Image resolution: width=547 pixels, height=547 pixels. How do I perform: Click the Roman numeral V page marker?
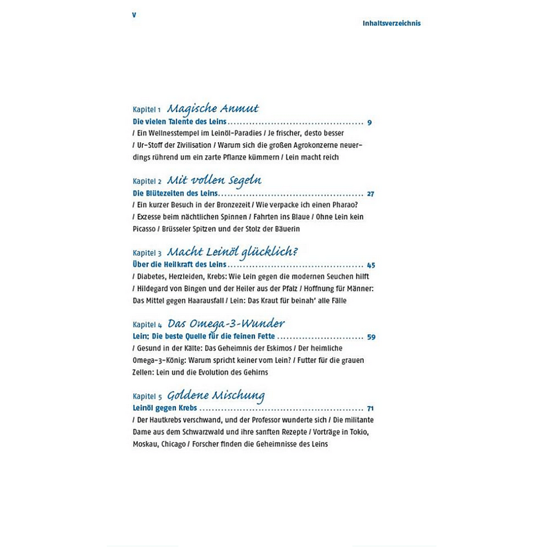tap(134, 15)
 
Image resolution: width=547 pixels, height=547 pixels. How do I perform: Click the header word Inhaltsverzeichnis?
tap(392, 24)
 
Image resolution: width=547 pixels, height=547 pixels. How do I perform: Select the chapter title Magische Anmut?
tap(213, 108)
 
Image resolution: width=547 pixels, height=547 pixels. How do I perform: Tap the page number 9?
tap(370, 122)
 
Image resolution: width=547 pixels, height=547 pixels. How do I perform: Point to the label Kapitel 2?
tap(147, 181)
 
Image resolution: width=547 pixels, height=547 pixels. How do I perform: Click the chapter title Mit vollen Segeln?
tap(214, 181)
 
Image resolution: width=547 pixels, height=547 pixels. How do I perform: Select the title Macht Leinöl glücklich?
tap(232, 252)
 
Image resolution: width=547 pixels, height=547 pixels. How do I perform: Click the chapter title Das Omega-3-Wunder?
tap(226, 323)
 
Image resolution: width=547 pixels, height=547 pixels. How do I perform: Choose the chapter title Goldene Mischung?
tap(216, 396)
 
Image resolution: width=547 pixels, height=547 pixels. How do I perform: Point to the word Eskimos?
tap(278, 348)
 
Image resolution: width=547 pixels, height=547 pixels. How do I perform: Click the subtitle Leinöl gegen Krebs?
tap(165, 408)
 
